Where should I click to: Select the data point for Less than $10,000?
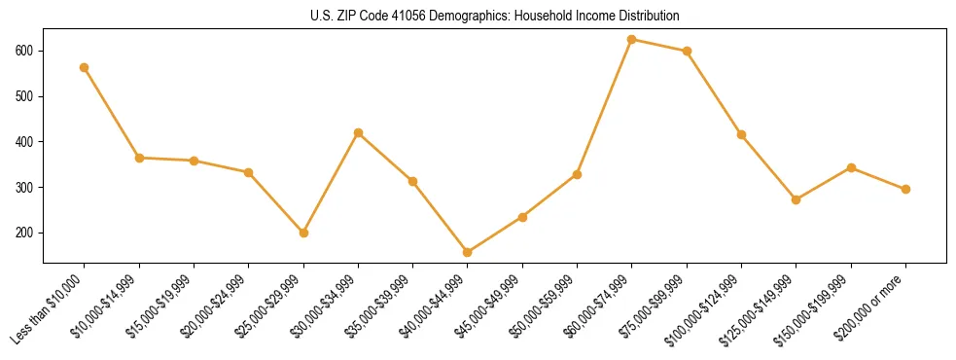click(85, 67)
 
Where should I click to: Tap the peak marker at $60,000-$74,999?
click(632, 40)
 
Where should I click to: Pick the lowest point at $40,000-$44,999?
click(468, 252)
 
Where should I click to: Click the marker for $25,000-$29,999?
click(303, 233)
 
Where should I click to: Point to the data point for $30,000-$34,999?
click(359, 132)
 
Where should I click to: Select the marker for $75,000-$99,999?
click(688, 51)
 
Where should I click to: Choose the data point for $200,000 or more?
click(906, 189)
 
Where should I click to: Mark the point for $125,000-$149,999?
click(797, 199)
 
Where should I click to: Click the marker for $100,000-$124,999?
click(742, 134)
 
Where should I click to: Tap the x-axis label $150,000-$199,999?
click(818, 308)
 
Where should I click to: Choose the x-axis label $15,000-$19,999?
click(160, 306)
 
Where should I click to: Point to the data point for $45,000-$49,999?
click(523, 217)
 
